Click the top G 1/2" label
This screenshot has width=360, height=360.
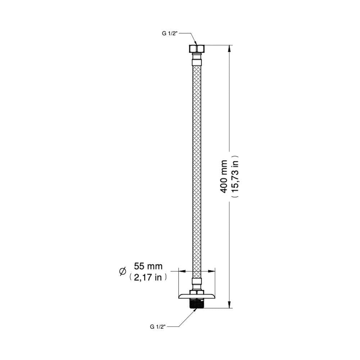[170, 33]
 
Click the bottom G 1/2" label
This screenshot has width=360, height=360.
[158, 327]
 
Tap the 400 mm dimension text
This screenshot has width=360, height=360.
[224, 176]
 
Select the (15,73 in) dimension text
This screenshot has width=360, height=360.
[235, 176]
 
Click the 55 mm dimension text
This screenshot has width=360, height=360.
[148, 266]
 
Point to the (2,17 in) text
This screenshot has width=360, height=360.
[148, 277]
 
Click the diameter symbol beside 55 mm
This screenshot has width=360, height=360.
[123, 271]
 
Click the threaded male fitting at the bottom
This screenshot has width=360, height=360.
[197, 303]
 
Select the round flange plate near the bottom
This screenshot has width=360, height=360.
[197, 296]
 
